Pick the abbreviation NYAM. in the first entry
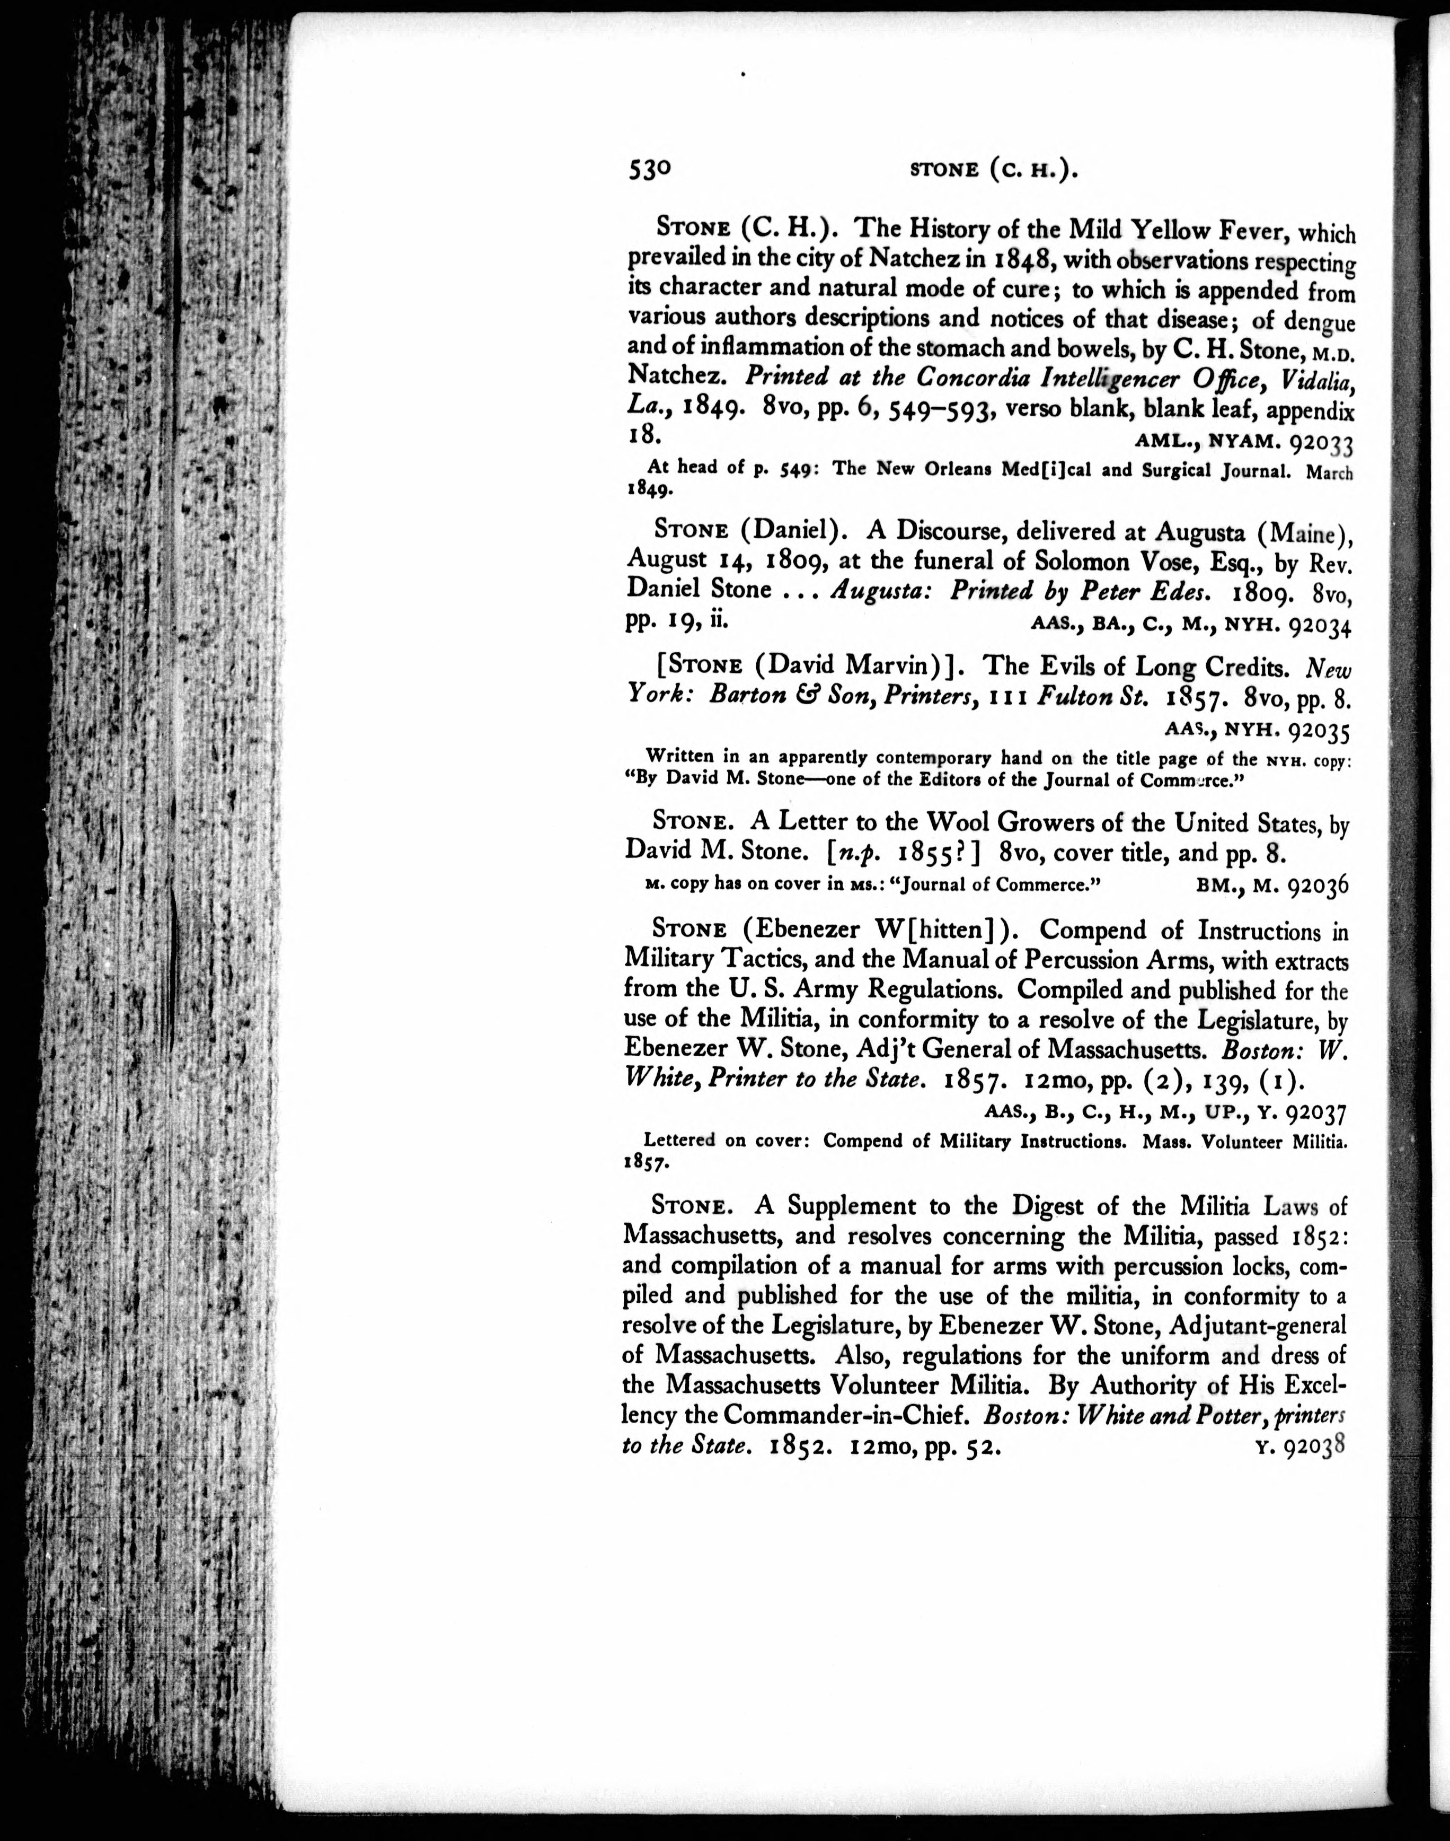pos(1240,442)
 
